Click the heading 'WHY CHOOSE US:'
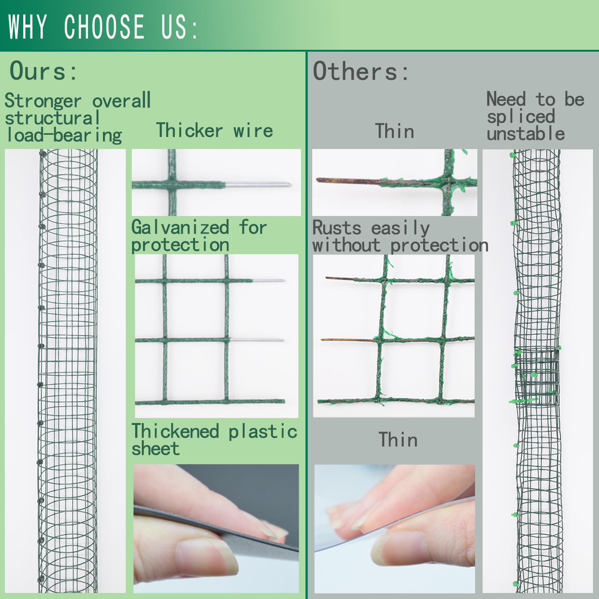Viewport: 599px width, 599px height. pos(103,27)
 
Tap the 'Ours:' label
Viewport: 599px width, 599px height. pos(43,71)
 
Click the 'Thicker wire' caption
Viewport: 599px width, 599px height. pos(215,130)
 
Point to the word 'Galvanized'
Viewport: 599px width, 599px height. pos(180,227)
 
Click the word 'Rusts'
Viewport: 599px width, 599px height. pos(337,228)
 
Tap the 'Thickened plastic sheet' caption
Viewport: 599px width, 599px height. pos(214,440)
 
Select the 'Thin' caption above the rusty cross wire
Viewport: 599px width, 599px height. pos(395,131)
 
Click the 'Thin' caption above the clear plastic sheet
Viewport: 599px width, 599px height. pos(398,440)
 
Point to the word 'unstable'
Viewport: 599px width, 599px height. pos(526,134)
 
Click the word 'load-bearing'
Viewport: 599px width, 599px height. pos(64,136)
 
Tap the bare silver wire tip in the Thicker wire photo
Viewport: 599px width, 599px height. pos(258,184)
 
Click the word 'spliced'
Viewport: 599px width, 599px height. pos(521,117)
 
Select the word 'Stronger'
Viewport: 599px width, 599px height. pos(43,101)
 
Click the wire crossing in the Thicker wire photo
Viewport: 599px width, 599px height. pos(172,184)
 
